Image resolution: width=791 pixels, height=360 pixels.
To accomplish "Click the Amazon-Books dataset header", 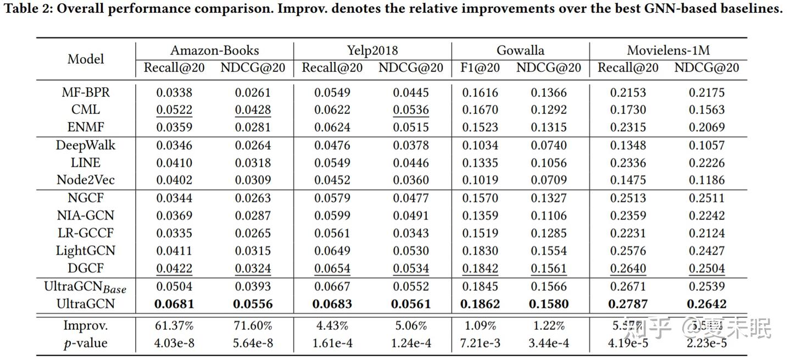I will click(x=214, y=51).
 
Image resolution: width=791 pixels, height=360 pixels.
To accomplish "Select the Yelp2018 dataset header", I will click(x=372, y=51).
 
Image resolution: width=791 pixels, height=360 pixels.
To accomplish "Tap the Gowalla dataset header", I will click(x=520, y=51).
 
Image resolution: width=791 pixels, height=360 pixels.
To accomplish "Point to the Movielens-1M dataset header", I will click(x=668, y=51).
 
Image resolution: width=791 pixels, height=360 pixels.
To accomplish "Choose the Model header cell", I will click(x=86, y=59).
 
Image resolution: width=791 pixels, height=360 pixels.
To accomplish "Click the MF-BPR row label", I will click(x=86, y=92).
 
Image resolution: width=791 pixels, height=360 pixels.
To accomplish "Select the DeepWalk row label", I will click(x=86, y=145).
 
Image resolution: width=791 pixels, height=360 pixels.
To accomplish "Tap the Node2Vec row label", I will click(x=86, y=180).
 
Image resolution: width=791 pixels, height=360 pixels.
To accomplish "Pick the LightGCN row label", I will click(x=86, y=251).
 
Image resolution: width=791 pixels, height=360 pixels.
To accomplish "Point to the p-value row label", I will click(x=86, y=343).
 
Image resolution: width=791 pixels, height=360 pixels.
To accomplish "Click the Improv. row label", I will click(x=86, y=325).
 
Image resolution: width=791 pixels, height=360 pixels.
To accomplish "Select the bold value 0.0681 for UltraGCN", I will click(x=174, y=303).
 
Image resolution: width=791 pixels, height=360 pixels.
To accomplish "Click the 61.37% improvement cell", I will click(x=174, y=325).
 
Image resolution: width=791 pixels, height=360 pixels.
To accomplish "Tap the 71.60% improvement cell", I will click(x=253, y=325).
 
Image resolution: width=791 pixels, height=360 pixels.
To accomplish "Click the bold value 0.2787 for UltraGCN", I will click(x=628, y=303).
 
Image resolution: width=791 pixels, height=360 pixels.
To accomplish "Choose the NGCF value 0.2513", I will click(x=628, y=198).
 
